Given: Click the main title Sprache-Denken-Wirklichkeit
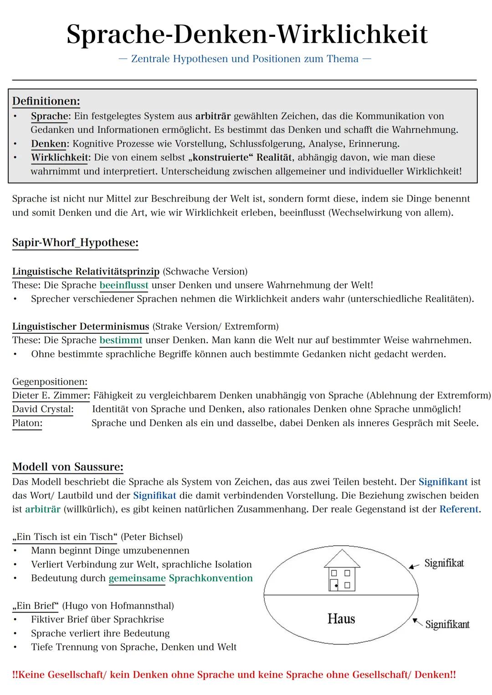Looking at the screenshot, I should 247,35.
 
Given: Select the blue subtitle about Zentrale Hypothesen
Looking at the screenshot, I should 245,59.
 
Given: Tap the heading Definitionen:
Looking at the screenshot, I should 46,101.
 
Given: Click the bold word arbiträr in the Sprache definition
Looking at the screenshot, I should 213,116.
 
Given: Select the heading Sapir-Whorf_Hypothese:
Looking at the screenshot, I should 75,243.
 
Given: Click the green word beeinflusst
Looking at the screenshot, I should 124,285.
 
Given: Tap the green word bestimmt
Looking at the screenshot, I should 121,340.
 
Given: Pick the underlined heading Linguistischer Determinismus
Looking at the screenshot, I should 81,326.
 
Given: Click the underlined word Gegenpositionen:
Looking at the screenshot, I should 50,382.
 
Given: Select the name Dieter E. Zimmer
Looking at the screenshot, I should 50,396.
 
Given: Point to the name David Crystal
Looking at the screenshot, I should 42,409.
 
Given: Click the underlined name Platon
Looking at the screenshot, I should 27,423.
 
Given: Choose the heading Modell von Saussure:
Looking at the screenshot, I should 67,467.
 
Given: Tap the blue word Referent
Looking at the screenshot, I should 459,509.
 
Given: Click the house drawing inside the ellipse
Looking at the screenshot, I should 342,571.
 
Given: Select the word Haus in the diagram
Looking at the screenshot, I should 341,619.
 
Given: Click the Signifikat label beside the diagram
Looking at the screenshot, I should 444,563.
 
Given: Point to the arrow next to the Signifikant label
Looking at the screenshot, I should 417,622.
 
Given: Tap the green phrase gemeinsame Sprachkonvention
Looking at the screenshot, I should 180,578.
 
